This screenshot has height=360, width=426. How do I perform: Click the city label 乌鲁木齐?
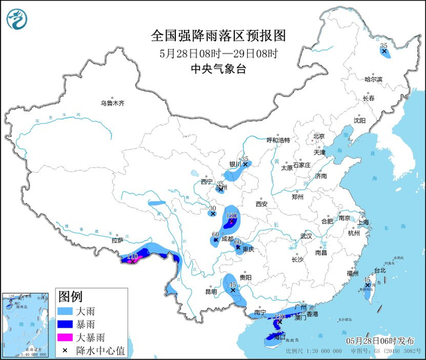pyautogui.click(x=112, y=103)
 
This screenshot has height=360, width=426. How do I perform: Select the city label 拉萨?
pyautogui.click(x=117, y=240)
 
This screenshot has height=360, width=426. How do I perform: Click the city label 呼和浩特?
pyautogui.click(x=278, y=140)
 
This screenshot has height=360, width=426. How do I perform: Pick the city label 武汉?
pyautogui.click(x=306, y=235)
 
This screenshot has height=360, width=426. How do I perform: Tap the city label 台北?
pyautogui.click(x=379, y=270)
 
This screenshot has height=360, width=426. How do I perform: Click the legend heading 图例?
pyautogui.click(x=70, y=297)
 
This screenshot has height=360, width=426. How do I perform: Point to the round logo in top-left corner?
pyautogui.click(x=17, y=19)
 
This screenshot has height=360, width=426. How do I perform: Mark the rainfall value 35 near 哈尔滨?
pyautogui.click(x=383, y=46)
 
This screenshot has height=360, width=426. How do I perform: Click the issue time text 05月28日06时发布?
pyautogui.click(x=380, y=340)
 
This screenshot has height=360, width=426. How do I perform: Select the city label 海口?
pyautogui.click(x=280, y=336)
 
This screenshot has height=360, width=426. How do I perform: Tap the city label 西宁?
pyautogui.click(x=206, y=181)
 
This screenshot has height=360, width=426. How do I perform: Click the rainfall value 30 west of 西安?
pyautogui.click(x=212, y=208)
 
